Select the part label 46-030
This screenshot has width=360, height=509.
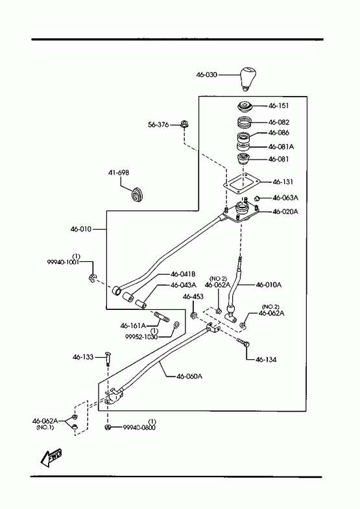pos(206,75)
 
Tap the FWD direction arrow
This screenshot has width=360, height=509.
pos(51,457)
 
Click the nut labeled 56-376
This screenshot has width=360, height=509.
pos(184,124)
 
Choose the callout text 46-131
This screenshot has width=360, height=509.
pos(283,182)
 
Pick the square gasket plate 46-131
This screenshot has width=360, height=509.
pos(243,183)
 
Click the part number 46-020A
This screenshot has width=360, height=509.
pos(285,211)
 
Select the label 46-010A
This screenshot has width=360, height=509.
pos(269,285)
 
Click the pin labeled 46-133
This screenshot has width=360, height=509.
pos(108,359)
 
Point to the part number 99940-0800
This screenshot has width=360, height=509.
pos(139,427)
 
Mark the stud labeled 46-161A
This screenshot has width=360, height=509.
pos(162,316)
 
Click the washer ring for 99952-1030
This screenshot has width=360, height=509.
pos(177,324)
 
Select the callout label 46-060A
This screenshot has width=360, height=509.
pos(189,376)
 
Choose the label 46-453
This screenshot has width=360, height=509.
pos(193,296)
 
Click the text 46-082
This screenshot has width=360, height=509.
pos(278,122)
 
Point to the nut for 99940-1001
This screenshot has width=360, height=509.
pos(92,278)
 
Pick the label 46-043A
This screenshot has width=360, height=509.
pos(184,285)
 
